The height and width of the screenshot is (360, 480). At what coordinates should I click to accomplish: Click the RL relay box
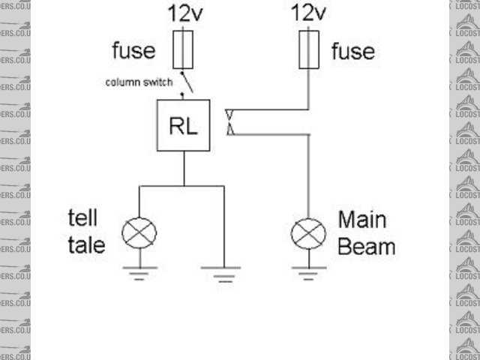click(x=183, y=125)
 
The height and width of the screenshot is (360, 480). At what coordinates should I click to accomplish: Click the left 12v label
click(x=184, y=14)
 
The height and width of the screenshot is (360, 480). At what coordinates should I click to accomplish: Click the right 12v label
click(x=307, y=14)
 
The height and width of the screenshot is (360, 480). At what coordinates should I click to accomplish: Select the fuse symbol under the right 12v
click(x=308, y=50)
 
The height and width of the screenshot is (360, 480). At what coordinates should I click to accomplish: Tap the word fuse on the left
click(x=134, y=50)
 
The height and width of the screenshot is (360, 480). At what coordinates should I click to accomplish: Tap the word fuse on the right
click(x=352, y=50)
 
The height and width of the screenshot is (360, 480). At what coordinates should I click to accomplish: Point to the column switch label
click(x=139, y=81)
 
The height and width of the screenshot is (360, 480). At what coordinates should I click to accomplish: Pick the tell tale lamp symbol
click(x=139, y=232)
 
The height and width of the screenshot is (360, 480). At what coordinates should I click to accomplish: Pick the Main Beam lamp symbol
click(x=308, y=232)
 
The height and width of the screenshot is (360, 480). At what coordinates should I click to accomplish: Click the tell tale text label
click(x=85, y=232)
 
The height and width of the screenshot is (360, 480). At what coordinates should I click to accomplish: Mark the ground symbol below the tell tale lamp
click(x=139, y=271)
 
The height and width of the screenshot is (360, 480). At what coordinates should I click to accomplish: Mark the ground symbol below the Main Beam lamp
click(x=308, y=271)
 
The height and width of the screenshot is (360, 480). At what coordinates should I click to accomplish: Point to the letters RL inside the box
click(x=183, y=126)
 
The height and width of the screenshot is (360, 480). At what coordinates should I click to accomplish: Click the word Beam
click(x=367, y=246)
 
